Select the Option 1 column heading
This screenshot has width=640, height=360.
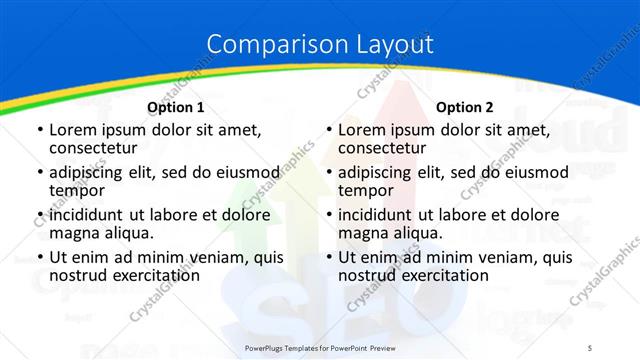pos(176,107)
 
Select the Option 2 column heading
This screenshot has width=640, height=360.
pos(465,107)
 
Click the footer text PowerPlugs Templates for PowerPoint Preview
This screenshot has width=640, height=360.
pos(319,347)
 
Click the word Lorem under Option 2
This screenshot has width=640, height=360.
pos(362,130)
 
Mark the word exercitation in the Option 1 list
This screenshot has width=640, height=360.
pos(155,275)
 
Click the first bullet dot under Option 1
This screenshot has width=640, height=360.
pos(39,131)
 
